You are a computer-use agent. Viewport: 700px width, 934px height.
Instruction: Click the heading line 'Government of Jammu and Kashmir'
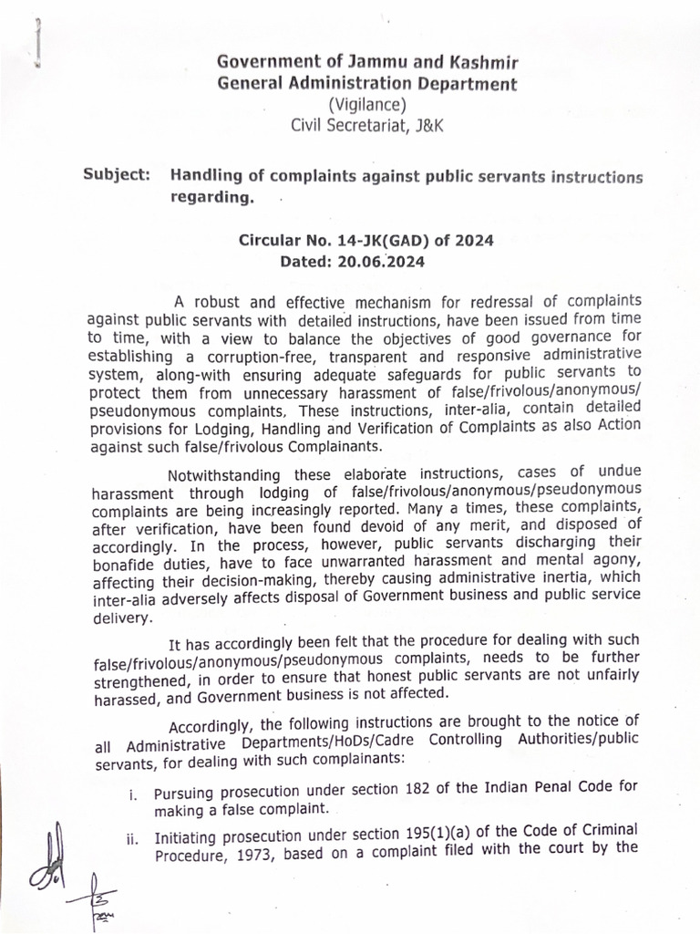tap(366, 62)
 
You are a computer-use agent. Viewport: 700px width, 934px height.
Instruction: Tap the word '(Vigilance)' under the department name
tap(366, 106)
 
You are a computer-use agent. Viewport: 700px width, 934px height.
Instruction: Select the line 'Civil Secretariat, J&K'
tap(366, 127)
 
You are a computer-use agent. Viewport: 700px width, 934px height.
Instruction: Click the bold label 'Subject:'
tap(117, 174)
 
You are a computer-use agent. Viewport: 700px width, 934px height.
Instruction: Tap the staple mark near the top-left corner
tap(37, 41)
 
